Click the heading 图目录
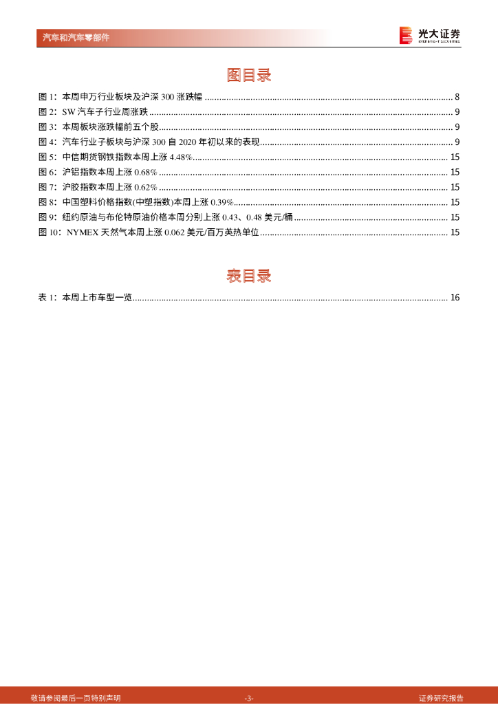click(x=249, y=75)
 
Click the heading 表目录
click(x=249, y=276)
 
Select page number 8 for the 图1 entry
click(x=457, y=97)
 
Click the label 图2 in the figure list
click(x=47, y=112)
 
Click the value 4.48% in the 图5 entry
click(x=180, y=157)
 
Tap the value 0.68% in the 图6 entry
click(x=146, y=172)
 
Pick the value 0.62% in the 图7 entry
click(x=146, y=187)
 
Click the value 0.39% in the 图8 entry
click(x=222, y=202)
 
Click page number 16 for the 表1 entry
click(x=455, y=298)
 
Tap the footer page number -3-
click(x=249, y=697)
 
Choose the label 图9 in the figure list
click(x=47, y=217)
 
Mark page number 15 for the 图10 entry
click(x=455, y=232)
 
